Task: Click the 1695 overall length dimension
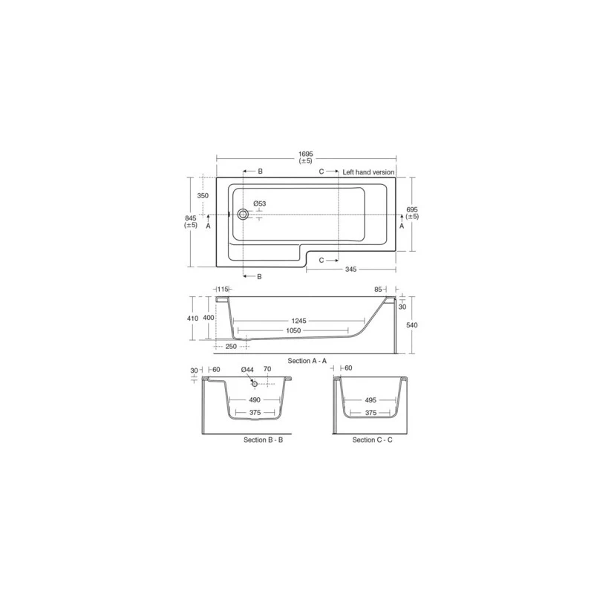pos(306,154)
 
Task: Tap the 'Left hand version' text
pos(368,172)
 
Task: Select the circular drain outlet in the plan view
pos(243,215)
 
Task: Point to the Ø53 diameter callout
pos(259,203)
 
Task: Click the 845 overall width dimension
pos(191,218)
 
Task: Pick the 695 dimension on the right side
pos(412,209)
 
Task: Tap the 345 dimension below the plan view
pos(350,269)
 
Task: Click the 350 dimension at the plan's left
pos(203,195)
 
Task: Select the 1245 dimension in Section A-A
pos(298,321)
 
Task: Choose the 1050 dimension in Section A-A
pos(293,330)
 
